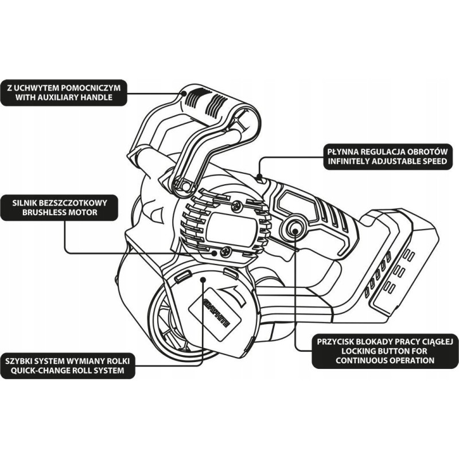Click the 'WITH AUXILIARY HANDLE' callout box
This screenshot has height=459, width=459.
(63, 92)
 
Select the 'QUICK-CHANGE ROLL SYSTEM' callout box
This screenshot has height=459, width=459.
(69, 365)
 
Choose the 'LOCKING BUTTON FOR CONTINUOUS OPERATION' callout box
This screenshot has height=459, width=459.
(385, 351)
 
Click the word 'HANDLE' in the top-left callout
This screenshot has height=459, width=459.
(92, 98)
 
